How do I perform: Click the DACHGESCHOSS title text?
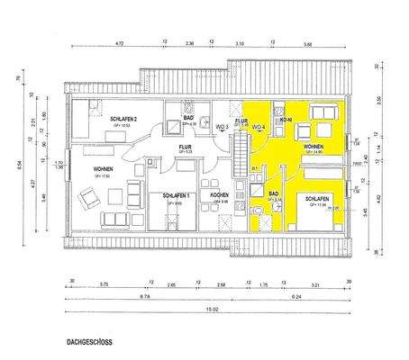click(89, 343)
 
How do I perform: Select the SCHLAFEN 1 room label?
click(177, 195)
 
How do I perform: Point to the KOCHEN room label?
click(219, 195)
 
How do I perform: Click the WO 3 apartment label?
click(221, 128)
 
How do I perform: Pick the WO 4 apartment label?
click(257, 128)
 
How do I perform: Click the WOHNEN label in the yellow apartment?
click(314, 144)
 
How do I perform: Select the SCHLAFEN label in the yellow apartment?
click(316, 199)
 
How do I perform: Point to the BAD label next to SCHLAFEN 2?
click(189, 119)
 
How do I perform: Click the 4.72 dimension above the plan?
click(119, 44)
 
